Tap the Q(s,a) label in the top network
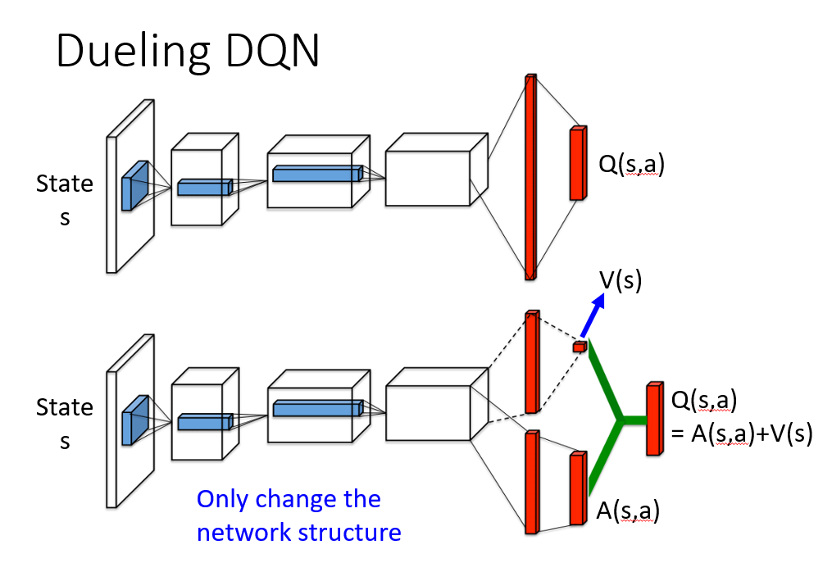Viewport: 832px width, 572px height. point(630,165)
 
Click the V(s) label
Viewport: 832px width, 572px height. point(621,281)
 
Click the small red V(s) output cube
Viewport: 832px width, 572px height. point(580,347)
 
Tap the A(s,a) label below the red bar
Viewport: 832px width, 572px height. point(627,512)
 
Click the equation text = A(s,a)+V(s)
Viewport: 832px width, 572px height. point(741,435)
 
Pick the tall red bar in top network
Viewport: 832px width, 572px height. point(530,176)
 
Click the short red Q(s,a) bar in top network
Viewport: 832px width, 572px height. point(579,163)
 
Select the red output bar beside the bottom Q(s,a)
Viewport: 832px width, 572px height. point(654,418)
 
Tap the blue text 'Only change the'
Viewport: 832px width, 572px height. point(289,499)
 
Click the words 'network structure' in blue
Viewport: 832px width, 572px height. point(298,533)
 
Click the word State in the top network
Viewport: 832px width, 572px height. point(64,184)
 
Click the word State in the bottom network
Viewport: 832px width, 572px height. point(64,407)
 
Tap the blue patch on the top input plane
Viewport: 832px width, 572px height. point(133,186)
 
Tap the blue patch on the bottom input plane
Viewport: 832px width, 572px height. point(133,420)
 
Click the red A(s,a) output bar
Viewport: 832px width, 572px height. point(579,488)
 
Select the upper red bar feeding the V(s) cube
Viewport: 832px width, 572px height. point(531,361)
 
